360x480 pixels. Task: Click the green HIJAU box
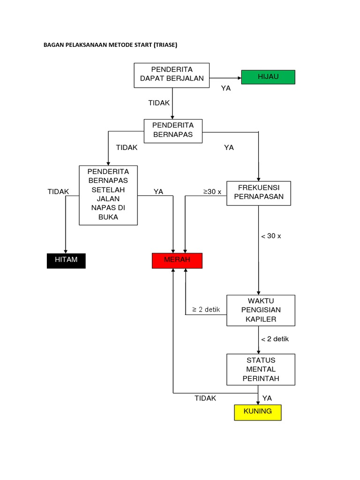(x=268, y=77)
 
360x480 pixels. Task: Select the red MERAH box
(x=177, y=261)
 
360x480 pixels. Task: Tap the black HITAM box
(x=66, y=261)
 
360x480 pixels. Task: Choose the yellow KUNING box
(x=258, y=412)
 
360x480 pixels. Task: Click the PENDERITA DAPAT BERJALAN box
(x=172, y=75)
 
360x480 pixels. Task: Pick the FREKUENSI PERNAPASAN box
(x=259, y=193)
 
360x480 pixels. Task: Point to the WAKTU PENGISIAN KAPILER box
(x=261, y=310)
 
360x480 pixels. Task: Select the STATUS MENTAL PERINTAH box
(x=261, y=369)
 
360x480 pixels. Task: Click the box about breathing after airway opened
(x=108, y=195)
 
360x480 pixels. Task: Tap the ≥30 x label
(x=212, y=192)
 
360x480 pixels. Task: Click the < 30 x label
(x=271, y=236)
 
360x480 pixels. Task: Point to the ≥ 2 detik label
(x=206, y=310)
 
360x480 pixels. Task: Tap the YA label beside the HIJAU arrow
(x=226, y=88)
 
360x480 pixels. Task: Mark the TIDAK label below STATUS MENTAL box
(x=205, y=398)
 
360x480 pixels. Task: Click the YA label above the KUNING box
(x=267, y=398)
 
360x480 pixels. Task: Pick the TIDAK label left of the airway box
(x=58, y=192)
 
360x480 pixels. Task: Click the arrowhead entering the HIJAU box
(x=239, y=77)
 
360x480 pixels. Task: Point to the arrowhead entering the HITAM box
(x=66, y=251)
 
